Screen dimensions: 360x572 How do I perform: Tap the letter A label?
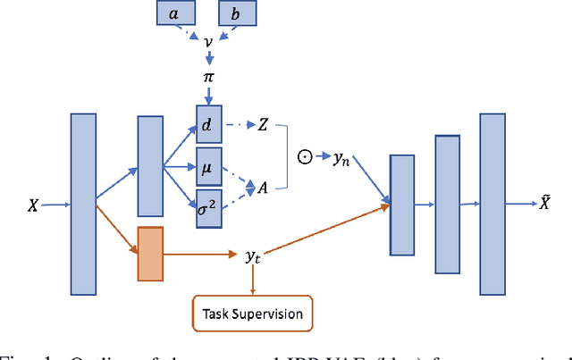click(263, 188)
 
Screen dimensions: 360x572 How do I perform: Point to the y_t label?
click(253, 257)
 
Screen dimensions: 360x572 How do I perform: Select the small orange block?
click(149, 253)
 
